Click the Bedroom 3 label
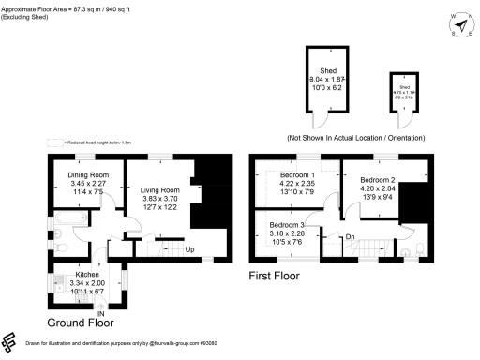[287, 226]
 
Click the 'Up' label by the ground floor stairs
[189, 250]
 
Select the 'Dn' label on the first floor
[351, 237]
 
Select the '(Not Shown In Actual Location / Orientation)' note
[355, 138]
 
